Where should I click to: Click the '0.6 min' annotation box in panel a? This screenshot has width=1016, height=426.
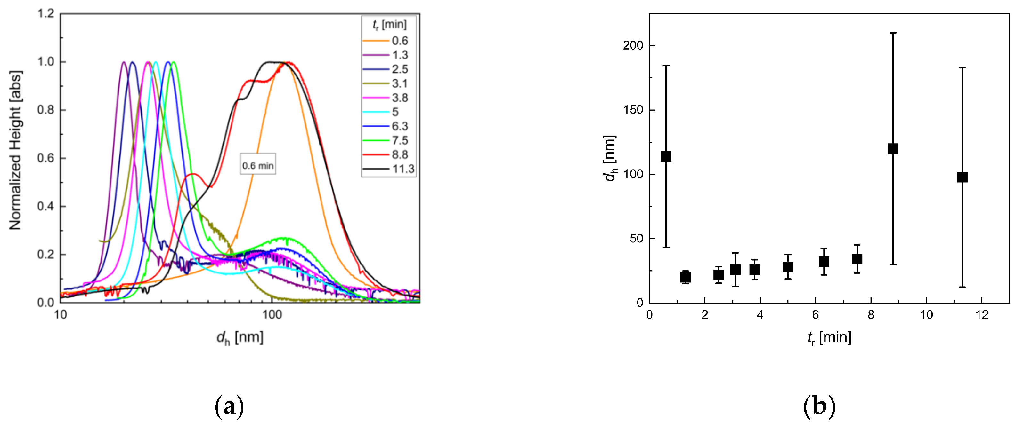[x=258, y=166]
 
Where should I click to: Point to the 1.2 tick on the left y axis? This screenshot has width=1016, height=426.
[x=45, y=14]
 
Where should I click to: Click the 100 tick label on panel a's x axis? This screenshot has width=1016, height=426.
[x=272, y=315]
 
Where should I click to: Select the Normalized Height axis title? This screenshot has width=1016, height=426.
[x=16, y=151]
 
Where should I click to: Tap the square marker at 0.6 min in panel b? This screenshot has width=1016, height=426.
[x=666, y=156]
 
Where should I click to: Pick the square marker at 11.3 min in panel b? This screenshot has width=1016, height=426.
[x=962, y=177]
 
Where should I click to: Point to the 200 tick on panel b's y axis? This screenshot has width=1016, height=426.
[x=633, y=46]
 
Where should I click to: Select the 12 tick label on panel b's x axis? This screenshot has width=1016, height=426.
[x=982, y=315]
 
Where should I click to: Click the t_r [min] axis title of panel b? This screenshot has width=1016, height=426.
[x=829, y=338]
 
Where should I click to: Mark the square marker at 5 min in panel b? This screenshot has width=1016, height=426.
[x=788, y=267]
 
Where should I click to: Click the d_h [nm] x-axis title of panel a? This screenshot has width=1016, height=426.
[x=240, y=338]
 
